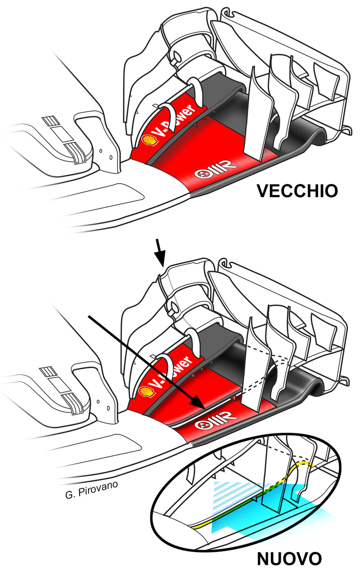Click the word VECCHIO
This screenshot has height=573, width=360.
(x=297, y=191)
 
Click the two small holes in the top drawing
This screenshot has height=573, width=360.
(x=106, y=154)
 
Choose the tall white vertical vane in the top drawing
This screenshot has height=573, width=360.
(x=256, y=115)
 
